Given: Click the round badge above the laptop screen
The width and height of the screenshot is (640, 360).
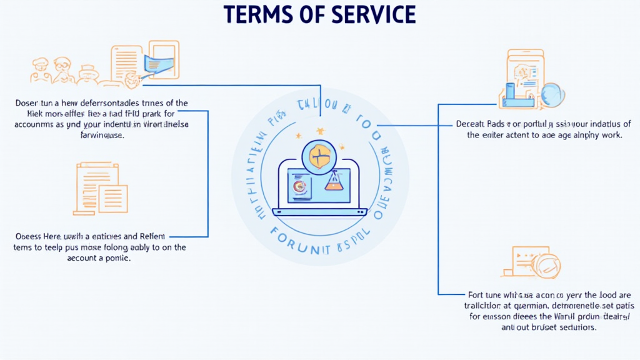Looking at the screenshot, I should tap(318, 156).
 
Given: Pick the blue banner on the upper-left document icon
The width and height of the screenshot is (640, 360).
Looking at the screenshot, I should tap(157, 63).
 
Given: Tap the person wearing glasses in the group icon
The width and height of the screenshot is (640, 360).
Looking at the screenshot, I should tap(61, 66).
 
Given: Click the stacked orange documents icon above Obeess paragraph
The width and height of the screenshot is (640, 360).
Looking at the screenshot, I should tap(101, 187).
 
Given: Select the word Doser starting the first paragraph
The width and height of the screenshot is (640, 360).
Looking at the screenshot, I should tap(26, 103).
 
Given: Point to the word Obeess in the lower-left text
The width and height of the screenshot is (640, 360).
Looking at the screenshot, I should tap(27, 236).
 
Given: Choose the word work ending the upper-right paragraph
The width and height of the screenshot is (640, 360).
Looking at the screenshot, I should tap(609, 135).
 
